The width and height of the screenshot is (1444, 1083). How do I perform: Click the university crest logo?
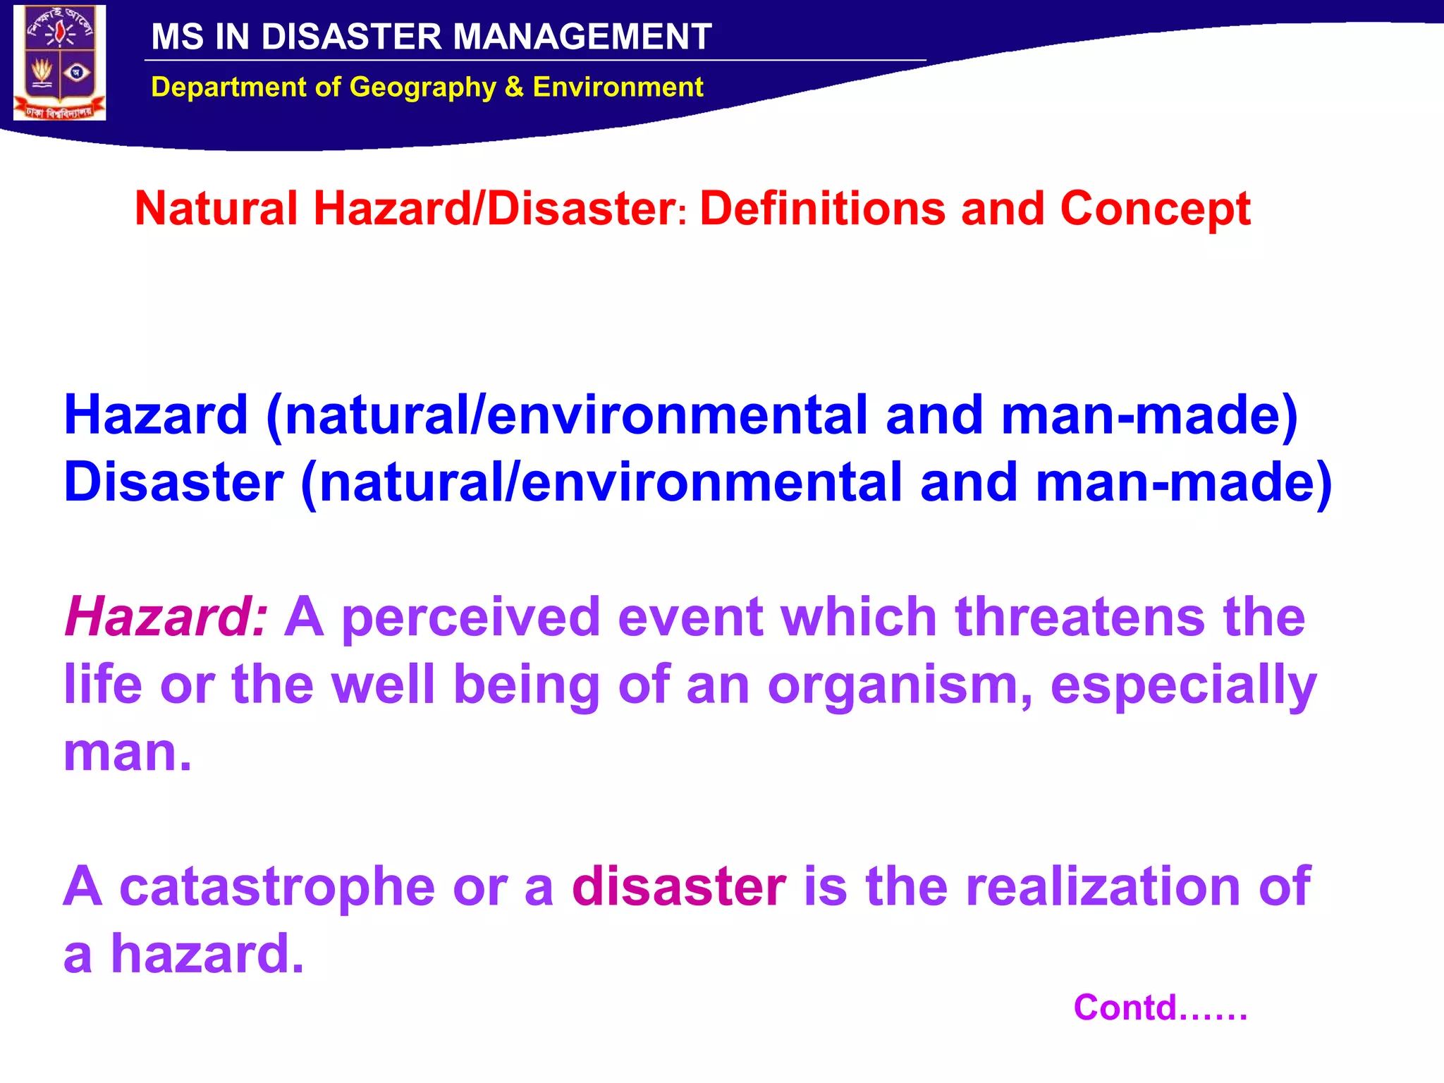pos(59,63)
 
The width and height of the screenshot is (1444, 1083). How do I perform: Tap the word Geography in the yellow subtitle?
pos(423,87)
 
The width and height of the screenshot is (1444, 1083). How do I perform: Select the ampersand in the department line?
pos(514,87)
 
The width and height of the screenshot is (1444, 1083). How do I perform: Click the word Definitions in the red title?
pos(822,209)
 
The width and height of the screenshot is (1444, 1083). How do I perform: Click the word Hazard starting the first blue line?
pos(156,415)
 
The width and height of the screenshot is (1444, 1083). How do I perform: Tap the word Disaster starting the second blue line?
pos(173,482)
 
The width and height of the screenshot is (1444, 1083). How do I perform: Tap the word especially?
pos(1183,685)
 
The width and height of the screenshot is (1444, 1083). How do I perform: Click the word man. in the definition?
pos(128,752)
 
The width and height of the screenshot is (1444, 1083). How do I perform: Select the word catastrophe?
pos(277,886)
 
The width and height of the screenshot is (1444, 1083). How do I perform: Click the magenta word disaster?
pos(678,886)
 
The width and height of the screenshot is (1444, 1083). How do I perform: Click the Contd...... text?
pos(1160,1008)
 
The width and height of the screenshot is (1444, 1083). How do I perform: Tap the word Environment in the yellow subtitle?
pos(618,87)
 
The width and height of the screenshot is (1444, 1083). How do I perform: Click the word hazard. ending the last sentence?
pos(207,953)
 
